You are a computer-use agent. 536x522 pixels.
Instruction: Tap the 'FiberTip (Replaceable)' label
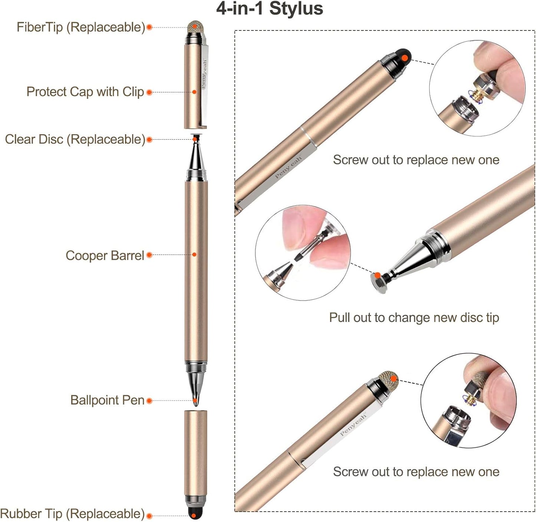(80, 27)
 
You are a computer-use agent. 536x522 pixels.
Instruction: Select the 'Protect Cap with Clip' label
(85, 92)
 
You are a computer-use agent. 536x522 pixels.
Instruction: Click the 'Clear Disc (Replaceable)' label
(75, 139)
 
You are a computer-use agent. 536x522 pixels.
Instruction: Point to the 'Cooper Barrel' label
(105, 256)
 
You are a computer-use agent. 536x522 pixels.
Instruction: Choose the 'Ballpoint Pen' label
(107, 400)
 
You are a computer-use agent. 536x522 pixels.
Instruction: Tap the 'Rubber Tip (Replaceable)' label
(72, 514)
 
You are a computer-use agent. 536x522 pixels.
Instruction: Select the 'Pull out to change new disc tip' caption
(414, 318)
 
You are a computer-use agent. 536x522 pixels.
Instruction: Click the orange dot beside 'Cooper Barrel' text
(149, 255)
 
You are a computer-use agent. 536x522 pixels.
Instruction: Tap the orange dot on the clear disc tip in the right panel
(377, 275)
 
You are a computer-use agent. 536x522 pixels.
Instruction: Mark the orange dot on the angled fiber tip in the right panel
(393, 379)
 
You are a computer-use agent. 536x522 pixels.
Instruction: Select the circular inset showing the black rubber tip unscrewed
(477, 88)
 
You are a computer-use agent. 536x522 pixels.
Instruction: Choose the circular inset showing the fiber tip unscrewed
(468, 400)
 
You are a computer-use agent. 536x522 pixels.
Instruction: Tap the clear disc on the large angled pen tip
(379, 283)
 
